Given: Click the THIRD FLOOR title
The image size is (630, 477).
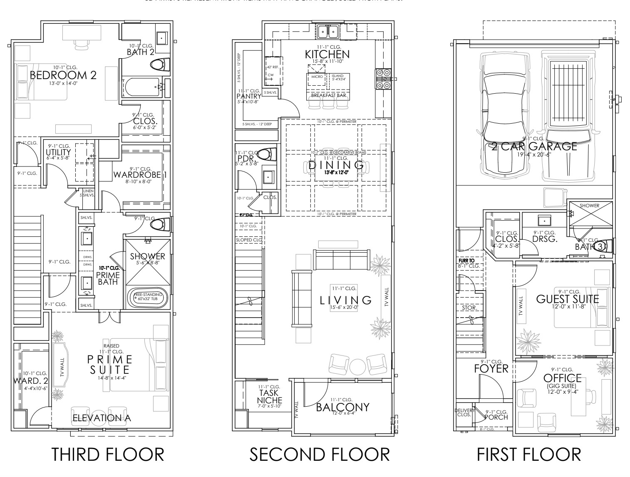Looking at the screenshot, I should (107, 454).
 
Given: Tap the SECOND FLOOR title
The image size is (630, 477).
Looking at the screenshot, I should (320, 454).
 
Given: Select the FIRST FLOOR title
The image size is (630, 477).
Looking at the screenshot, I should (528, 454).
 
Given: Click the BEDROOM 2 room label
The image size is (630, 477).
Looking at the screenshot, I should (63, 75).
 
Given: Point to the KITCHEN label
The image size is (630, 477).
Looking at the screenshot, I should (327, 54).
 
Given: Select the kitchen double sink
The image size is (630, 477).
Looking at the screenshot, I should (328, 31).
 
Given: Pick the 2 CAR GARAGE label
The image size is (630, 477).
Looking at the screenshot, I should (534, 146).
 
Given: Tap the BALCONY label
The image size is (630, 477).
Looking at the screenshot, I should (342, 407).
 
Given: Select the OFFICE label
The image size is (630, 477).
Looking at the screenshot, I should (562, 378).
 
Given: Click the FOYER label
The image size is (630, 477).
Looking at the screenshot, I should (491, 368).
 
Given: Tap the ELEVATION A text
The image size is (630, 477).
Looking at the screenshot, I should (102, 417).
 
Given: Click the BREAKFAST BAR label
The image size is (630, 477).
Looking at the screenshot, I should (327, 96).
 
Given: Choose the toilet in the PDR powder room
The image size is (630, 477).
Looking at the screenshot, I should (267, 154).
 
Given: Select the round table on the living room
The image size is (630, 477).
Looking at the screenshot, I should (357, 366).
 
